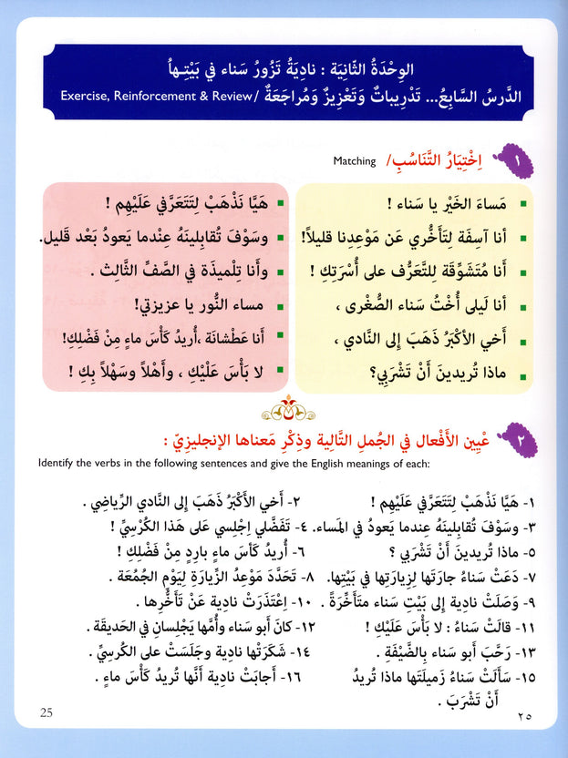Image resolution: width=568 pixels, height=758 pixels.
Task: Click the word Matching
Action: [355, 162]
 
